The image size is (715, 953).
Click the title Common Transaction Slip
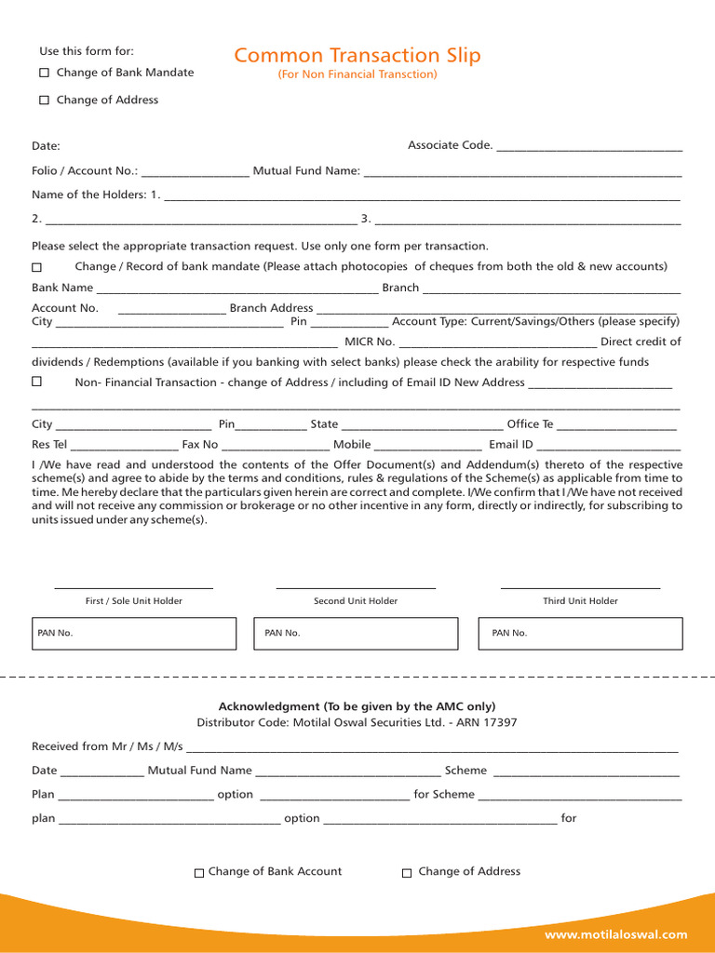click(x=357, y=56)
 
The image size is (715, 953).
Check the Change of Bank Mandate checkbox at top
click(x=44, y=73)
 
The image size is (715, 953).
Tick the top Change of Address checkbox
click(x=44, y=100)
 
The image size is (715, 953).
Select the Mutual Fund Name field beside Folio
click(x=522, y=173)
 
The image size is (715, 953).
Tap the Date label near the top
click(x=46, y=146)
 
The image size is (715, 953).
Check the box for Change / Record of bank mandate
click(x=37, y=267)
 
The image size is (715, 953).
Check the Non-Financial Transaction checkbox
click(x=37, y=382)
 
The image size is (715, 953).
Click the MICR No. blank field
click(x=497, y=343)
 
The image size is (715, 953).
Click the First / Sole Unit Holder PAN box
click(x=134, y=633)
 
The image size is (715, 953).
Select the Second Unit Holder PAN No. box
click(x=357, y=633)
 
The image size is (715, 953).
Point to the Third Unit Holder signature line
click(x=580, y=588)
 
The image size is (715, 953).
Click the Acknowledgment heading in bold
click(x=357, y=706)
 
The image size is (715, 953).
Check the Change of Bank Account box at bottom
click(x=198, y=873)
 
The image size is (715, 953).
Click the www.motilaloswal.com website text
click(x=615, y=934)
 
